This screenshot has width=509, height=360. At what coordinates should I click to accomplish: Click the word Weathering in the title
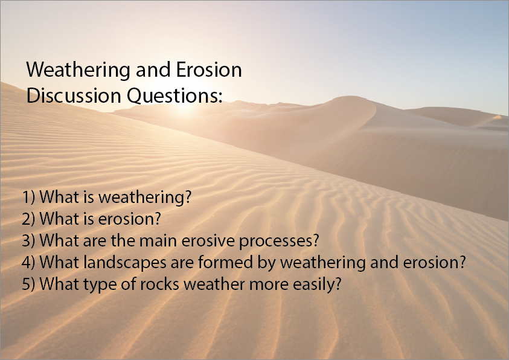coord(78,71)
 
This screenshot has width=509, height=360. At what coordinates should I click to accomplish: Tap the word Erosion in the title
coord(209,69)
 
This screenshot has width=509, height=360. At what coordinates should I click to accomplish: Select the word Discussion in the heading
coord(74,96)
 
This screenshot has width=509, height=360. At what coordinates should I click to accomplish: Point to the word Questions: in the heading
coord(174,97)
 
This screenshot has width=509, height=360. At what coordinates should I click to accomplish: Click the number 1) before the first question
coord(28,197)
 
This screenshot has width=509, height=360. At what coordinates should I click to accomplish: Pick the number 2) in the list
coord(28,219)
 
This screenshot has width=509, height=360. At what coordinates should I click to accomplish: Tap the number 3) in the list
coord(28,240)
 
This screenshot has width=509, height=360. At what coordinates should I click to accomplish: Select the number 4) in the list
coord(28,262)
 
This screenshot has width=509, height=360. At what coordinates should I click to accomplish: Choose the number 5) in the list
coord(28,284)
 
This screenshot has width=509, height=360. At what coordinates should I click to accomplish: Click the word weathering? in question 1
coord(145,198)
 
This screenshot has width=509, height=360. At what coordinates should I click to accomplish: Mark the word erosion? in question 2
coord(130,219)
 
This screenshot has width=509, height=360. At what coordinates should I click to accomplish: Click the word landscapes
coord(124,263)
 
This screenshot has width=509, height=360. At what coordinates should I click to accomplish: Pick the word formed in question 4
coord(225,262)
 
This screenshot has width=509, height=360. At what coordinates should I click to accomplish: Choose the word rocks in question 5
coord(160,284)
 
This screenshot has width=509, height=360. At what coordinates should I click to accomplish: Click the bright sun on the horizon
coord(184,103)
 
